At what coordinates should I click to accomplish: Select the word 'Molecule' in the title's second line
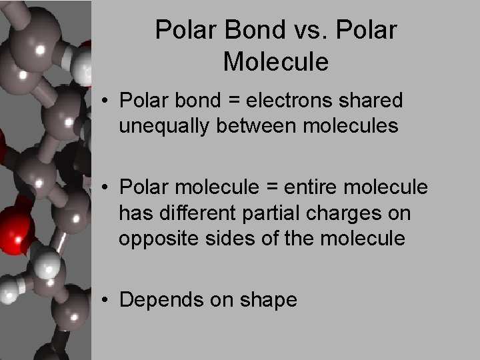click(x=276, y=61)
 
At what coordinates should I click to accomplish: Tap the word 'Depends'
click(x=157, y=301)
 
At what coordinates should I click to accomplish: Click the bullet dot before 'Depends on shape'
click(x=107, y=301)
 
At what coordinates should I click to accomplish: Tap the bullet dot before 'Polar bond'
click(x=107, y=101)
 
